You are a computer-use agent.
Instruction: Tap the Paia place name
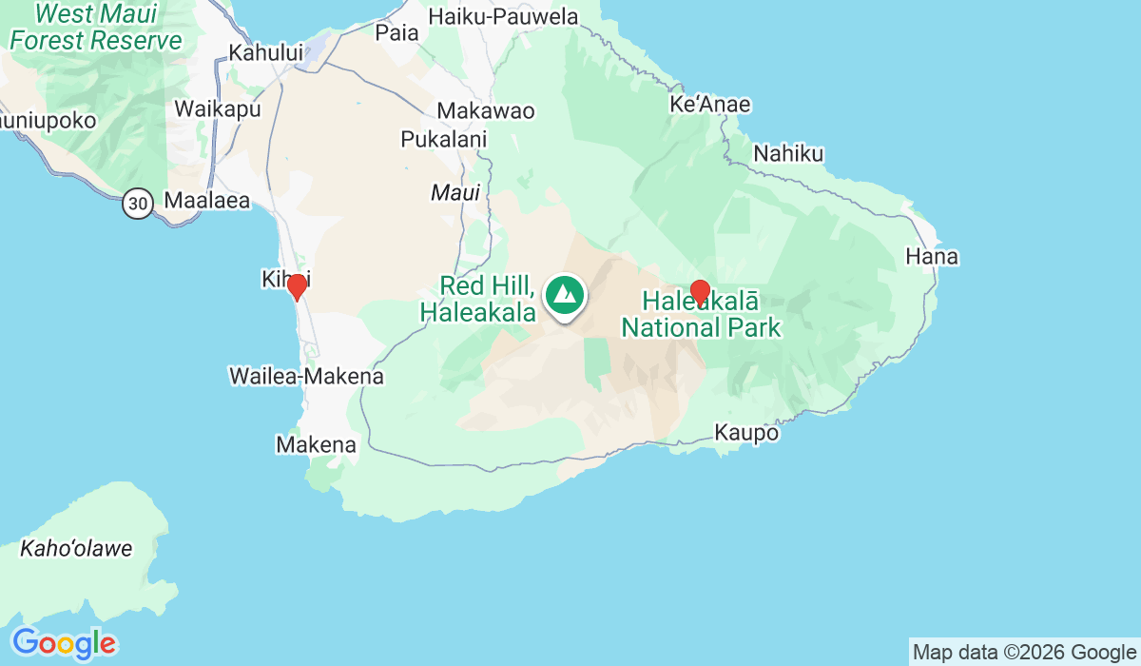(x=397, y=32)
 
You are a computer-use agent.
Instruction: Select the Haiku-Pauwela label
(x=503, y=16)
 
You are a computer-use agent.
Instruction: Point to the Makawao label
(x=486, y=111)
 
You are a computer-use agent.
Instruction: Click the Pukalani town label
(x=444, y=139)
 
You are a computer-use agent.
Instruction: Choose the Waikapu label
(x=218, y=108)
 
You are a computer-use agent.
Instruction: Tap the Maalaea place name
(x=206, y=201)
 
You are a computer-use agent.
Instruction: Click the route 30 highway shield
(x=138, y=202)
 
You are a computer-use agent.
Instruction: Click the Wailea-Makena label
(x=306, y=377)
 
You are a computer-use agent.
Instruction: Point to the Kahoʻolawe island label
(x=76, y=549)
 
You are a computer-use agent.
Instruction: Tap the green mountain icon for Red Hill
(x=566, y=294)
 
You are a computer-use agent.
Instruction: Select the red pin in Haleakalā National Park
(x=700, y=292)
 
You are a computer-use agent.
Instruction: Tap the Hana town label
(x=932, y=257)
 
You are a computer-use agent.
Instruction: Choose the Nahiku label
(x=788, y=153)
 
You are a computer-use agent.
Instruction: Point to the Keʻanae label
(x=710, y=105)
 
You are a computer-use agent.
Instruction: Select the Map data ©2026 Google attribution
(x=1024, y=652)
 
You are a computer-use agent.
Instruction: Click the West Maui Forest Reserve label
(x=95, y=28)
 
